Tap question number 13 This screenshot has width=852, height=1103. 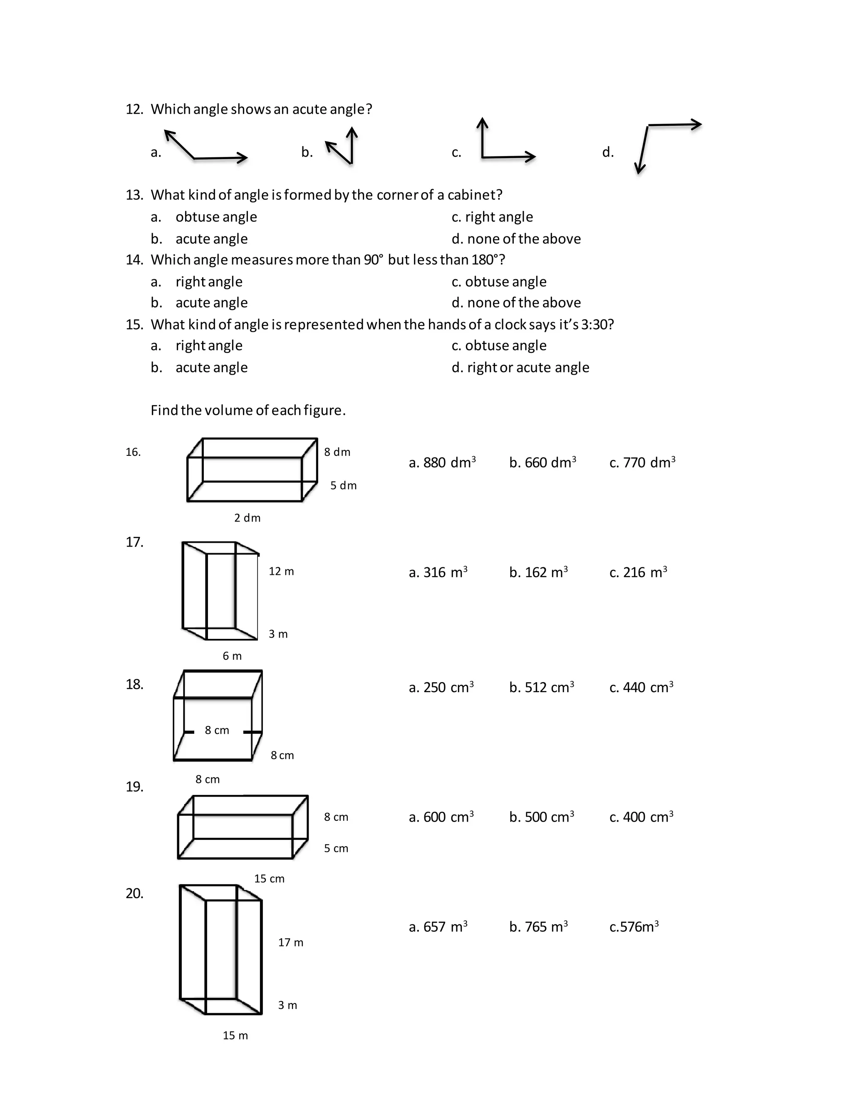click(134, 195)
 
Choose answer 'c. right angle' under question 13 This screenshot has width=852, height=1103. click(492, 217)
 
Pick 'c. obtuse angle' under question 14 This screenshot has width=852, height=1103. click(499, 281)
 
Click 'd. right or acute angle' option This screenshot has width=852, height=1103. click(520, 367)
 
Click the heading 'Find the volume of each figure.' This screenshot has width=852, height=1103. click(248, 410)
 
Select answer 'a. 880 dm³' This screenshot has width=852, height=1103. click(442, 462)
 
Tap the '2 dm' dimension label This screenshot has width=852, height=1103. click(248, 518)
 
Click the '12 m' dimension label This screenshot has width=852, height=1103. click(281, 571)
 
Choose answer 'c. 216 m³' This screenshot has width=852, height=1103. click(638, 572)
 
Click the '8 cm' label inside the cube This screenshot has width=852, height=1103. click(217, 730)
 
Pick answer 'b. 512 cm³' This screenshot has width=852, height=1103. click(541, 687)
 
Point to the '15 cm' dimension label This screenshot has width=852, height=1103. click(269, 879)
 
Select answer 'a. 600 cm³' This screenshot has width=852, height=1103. click(441, 817)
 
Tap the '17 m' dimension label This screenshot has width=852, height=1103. click(291, 942)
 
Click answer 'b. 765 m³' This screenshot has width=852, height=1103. click(538, 927)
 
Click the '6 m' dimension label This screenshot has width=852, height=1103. click(232, 656)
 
